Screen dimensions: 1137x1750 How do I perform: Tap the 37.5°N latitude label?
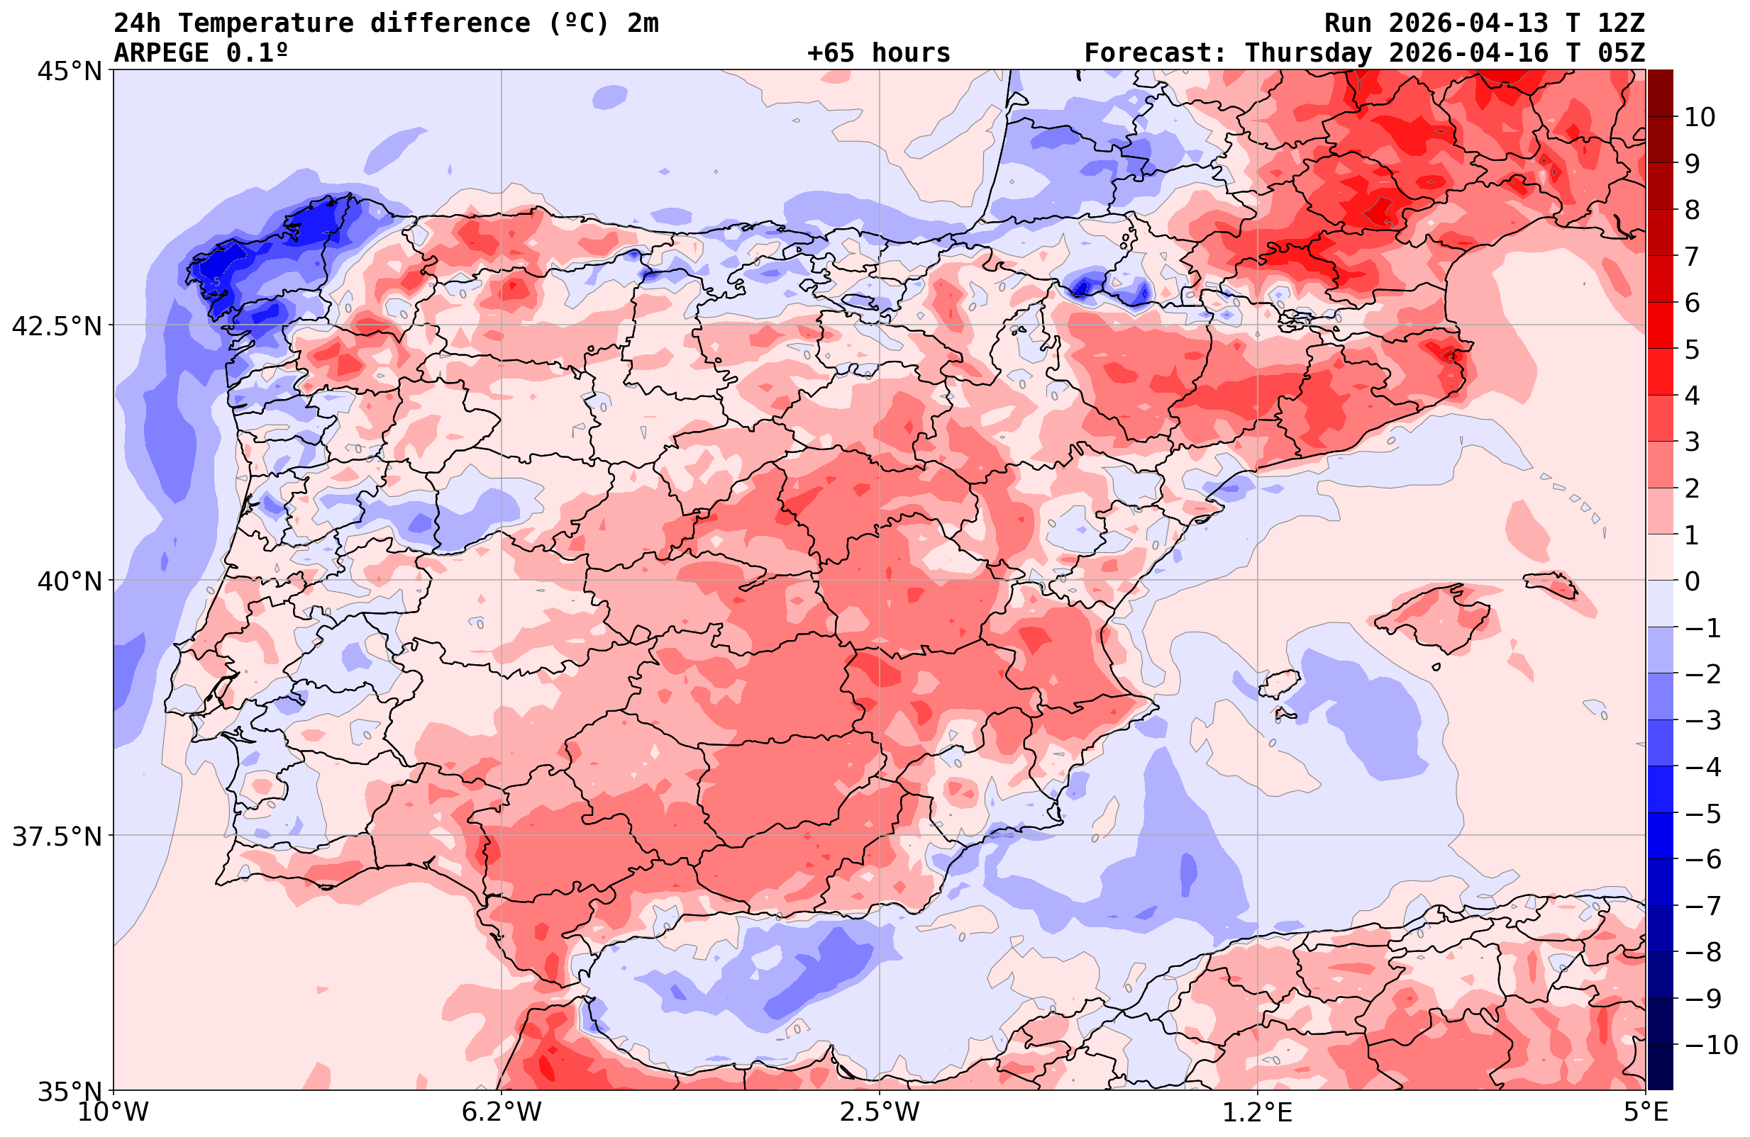[x=57, y=836]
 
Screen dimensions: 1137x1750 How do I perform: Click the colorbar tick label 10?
[x=1700, y=117]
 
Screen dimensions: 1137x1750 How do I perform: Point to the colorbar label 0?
[x=1692, y=581]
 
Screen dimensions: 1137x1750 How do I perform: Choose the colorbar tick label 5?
[x=1692, y=349]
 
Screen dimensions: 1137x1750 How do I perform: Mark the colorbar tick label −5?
[x=1702, y=814]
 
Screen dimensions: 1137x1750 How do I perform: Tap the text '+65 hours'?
[x=878, y=53]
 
